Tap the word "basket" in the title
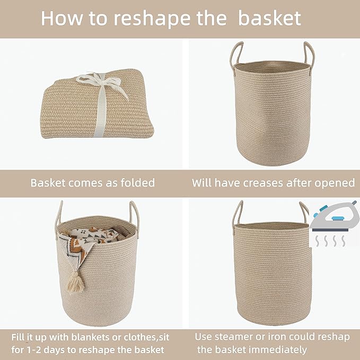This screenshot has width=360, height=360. [269, 18]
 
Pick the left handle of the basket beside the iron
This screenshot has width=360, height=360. [238, 213]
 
